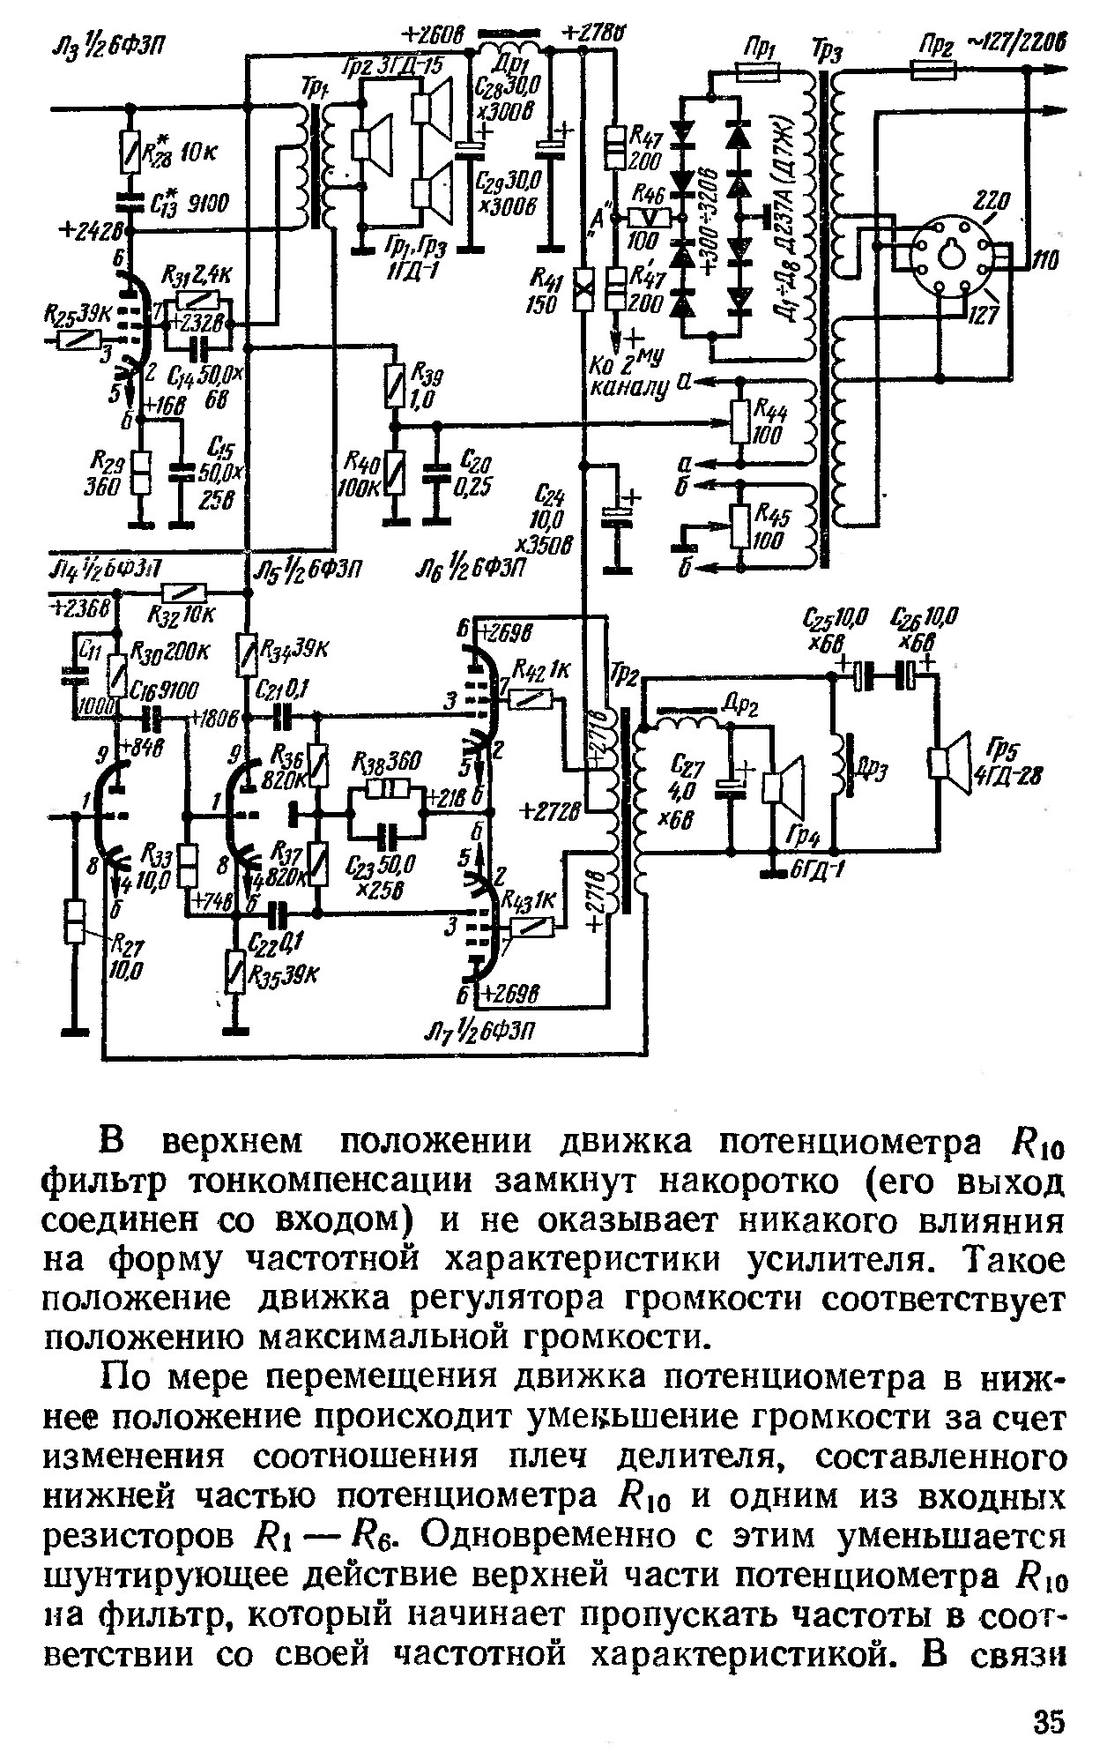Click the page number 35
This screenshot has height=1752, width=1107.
1049,1721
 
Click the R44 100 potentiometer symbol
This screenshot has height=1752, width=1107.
740,424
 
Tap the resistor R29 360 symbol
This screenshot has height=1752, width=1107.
140,473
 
